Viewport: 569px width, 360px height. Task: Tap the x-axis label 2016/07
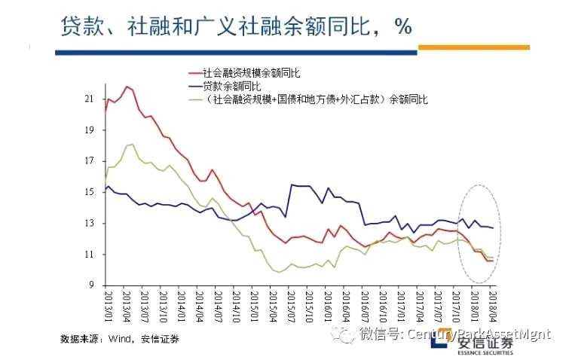[365, 308]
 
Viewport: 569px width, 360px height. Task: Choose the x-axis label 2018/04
[493, 308]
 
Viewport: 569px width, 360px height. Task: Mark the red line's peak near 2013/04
[126, 87]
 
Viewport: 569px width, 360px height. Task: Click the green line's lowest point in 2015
[279, 272]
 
